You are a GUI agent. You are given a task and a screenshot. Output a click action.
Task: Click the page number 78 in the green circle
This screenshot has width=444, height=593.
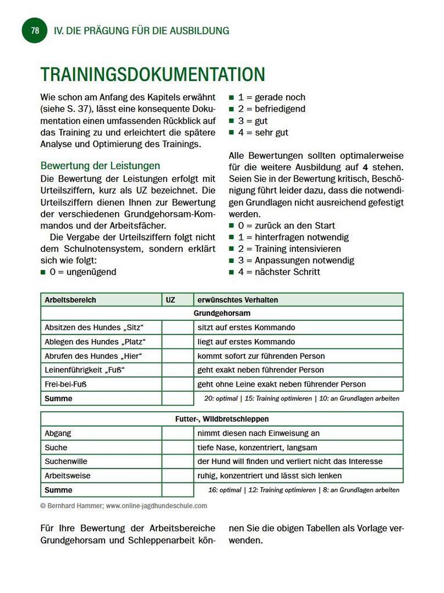[35, 31]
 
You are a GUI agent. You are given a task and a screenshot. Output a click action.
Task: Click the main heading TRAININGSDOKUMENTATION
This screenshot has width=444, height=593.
[153, 74]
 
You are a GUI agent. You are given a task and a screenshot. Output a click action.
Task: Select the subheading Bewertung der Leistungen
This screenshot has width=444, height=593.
[100, 166]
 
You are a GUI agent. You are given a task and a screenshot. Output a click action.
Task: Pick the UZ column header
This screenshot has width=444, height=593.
[171, 300]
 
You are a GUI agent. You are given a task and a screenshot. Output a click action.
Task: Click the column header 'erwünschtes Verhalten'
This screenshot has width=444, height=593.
[237, 300]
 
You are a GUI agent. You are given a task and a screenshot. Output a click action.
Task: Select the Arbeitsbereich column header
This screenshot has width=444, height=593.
[70, 300]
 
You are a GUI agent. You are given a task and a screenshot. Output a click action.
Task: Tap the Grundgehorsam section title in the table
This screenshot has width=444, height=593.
[222, 313]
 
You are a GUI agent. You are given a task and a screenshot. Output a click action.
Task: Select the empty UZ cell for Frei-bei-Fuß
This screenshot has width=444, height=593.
[177, 384]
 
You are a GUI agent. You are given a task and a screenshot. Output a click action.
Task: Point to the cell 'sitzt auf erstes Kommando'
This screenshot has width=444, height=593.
[246, 327]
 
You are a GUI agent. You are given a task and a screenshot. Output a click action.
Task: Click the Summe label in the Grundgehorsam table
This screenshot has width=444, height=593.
[59, 399]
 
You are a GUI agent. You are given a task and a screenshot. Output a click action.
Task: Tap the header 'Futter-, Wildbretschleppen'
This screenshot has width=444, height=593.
[222, 419]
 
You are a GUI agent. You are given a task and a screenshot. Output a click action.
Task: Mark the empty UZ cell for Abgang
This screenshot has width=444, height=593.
[177, 433]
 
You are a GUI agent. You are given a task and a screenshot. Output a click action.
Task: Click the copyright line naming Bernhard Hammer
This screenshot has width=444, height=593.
[124, 506]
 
